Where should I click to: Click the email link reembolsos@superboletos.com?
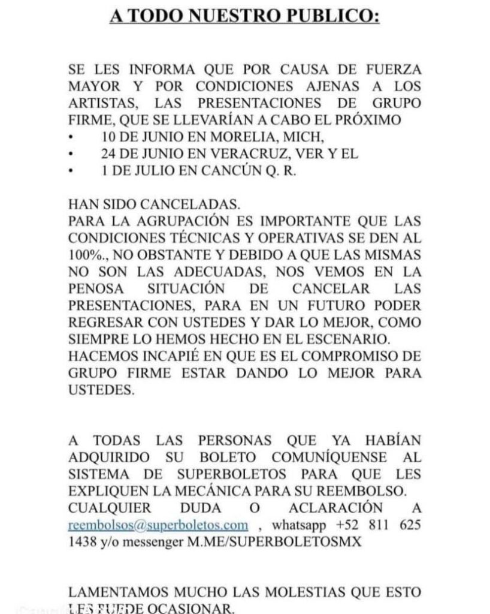(x=158, y=525)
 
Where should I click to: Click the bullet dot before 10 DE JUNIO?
(x=71, y=137)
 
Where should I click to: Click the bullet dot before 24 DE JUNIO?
(x=71, y=154)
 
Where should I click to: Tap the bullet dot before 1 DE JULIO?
(x=71, y=171)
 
